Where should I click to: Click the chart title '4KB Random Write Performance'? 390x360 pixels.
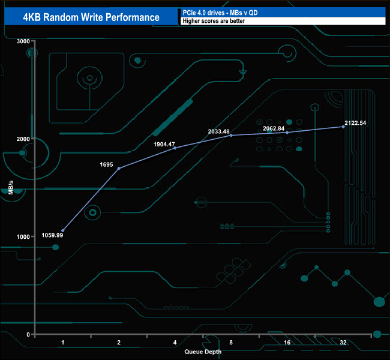tap(91, 17)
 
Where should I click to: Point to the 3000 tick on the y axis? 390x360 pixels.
tap(23, 41)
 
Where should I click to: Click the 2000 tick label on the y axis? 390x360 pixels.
tap(23, 139)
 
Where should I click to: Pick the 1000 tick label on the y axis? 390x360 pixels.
tap(23, 236)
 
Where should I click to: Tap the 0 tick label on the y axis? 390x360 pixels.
tap(28, 334)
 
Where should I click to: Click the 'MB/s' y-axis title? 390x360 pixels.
tap(11, 188)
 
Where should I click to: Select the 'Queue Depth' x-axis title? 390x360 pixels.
tap(203, 352)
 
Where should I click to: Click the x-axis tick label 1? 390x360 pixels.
tap(63, 343)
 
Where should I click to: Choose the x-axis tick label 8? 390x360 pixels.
tap(232, 343)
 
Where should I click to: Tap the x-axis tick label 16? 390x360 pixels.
tap(287, 343)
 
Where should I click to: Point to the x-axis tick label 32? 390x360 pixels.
tap(343, 343)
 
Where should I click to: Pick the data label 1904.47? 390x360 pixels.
tap(164, 144)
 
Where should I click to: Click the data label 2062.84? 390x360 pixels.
tap(278, 128)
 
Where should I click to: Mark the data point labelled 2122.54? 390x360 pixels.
tap(344, 127)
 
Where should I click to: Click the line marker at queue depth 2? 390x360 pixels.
tap(119, 169)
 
